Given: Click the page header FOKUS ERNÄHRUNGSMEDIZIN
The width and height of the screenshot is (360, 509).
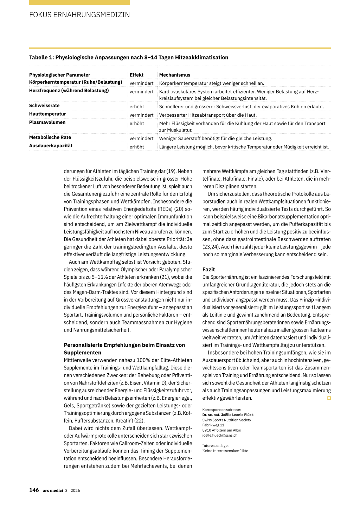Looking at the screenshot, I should coord(79,15).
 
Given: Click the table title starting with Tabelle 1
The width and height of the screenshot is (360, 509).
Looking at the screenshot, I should coord(129,57).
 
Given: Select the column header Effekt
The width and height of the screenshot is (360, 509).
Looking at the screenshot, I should coord(136,75).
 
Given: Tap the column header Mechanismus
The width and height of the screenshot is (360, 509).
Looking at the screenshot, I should coord(175,75).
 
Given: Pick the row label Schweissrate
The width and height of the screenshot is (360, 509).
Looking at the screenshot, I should coord(44,105).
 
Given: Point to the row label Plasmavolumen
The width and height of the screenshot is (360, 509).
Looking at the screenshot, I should coord(47,122).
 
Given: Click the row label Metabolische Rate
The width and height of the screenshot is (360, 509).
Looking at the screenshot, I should coord(50,137).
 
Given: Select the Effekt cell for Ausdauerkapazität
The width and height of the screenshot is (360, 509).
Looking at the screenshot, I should coord(137,147).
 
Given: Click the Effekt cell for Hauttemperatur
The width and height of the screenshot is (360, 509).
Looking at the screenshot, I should coord(141,115).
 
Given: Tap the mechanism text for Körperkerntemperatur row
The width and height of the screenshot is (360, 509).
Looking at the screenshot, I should coord(212,83).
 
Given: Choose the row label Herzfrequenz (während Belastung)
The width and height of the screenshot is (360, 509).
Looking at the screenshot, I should coord(69,90).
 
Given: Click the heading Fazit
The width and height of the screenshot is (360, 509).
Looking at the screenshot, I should coord(208,269).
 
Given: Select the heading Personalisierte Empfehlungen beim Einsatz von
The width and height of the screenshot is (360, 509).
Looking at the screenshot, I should coord(124,345).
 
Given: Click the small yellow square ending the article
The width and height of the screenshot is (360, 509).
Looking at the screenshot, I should coord(329,398).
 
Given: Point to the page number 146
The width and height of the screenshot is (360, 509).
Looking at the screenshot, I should coord(34,490).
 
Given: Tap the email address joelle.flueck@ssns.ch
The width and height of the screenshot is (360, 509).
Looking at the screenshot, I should coord(220,435).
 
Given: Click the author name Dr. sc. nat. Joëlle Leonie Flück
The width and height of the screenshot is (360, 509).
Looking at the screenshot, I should coord(228,415).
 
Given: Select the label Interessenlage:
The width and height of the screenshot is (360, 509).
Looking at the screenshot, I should coord(215,445).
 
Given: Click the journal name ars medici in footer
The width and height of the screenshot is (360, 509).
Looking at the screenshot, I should coord(53,490).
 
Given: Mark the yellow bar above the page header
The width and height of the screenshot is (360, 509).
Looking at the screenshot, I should coord(79,2).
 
